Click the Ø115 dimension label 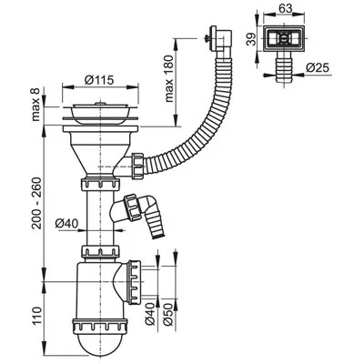pyautogui.click(x=99, y=80)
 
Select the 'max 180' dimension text pyautogui.click(x=169, y=78)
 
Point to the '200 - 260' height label pyautogui.click(x=36, y=204)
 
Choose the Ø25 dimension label pyautogui.click(x=318, y=67)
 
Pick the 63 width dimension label pyautogui.click(x=285, y=8)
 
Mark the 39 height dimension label pyautogui.click(x=251, y=39)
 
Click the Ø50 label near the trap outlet pyautogui.click(x=169, y=314)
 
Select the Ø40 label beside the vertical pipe pyautogui.click(x=66, y=224)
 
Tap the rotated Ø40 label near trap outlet pyautogui.click(x=150, y=314)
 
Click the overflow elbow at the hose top pyautogui.click(x=221, y=40)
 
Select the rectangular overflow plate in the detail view pyautogui.click(x=285, y=39)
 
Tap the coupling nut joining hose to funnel pyautogui.click(x=137, y=166)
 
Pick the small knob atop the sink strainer pyautogui.click(x=99, y=103)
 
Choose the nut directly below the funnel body pyautogui.click(x=100, y=185)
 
